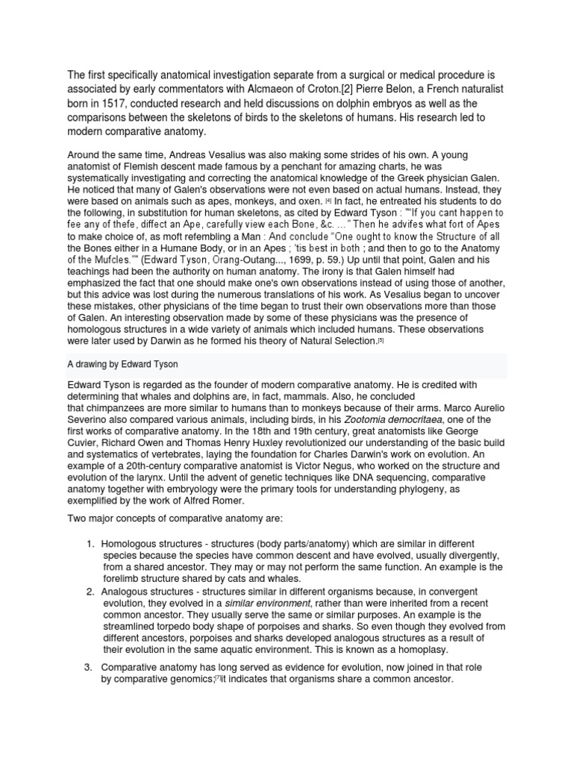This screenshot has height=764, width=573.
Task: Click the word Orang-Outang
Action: click(228, 260)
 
